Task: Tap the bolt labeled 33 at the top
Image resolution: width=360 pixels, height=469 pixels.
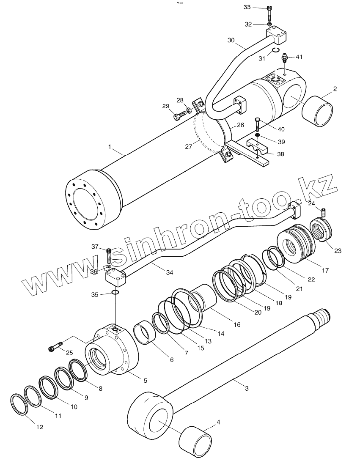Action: [x=269, y=14]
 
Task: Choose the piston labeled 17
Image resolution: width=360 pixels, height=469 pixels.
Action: [x=297, y=245]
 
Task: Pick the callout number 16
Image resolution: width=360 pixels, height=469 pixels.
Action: [x=237, y=324]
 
